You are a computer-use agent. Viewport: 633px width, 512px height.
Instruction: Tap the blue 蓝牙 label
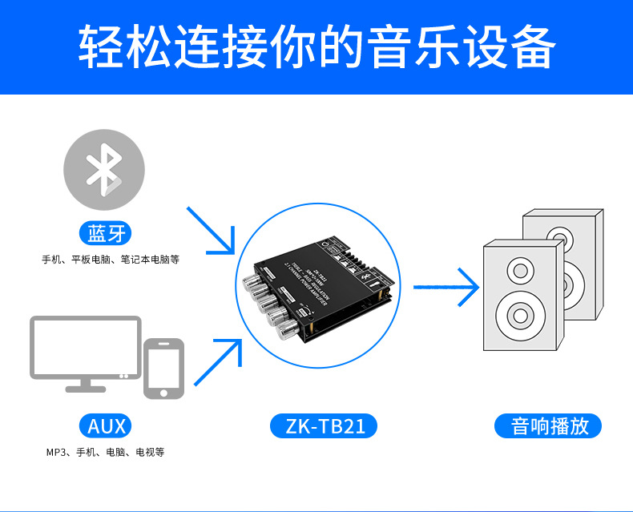pos(107,234)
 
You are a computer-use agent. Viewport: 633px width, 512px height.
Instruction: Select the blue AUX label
pos(104,425)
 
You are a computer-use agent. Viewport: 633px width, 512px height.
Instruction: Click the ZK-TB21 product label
pos(325,425)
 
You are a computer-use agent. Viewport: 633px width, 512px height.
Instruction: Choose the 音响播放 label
pos(550,425)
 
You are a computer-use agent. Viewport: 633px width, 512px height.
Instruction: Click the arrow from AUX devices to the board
pos(216,361)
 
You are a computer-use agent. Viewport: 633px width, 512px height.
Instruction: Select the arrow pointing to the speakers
pos(446,284)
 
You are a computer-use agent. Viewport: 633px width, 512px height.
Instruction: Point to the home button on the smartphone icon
pos(163,393)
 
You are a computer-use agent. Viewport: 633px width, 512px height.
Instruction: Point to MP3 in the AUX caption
pos(57,453)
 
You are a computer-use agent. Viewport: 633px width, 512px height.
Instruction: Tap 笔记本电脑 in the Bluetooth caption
pos(148,260)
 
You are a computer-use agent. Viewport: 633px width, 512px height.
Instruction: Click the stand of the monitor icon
pos(86,385)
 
